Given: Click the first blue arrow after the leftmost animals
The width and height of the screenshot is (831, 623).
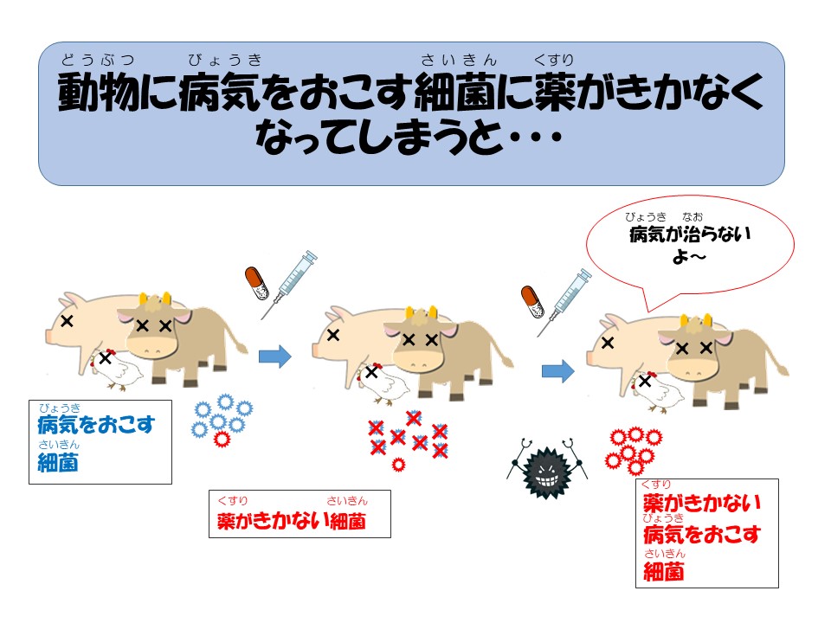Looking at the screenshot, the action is (275, 356).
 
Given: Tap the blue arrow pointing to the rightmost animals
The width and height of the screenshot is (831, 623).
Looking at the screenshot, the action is (558, 371).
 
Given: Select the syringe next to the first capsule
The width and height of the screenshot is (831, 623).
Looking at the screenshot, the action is (289, 285).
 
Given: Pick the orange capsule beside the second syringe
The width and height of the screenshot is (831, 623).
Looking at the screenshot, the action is (532, 302).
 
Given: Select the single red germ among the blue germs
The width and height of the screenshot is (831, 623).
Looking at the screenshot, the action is (222, 439).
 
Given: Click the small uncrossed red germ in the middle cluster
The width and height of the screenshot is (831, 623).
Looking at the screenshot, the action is (398, 466).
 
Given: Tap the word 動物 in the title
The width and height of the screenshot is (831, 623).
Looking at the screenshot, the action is (98, 92).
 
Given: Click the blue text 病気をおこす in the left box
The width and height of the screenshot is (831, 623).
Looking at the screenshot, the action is (96, 424).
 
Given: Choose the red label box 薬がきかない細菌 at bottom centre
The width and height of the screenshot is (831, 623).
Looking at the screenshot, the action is (300, 514).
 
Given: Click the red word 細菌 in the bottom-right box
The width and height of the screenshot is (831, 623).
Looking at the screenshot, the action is (664, 572).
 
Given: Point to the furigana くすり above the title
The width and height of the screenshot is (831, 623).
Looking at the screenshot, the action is (554, 60).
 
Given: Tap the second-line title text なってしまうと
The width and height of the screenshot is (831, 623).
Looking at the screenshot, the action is (378, 136).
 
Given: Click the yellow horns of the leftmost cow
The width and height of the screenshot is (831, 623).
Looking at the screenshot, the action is (154, 299).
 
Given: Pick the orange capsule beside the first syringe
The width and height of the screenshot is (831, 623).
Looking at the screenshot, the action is (256, 283).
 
